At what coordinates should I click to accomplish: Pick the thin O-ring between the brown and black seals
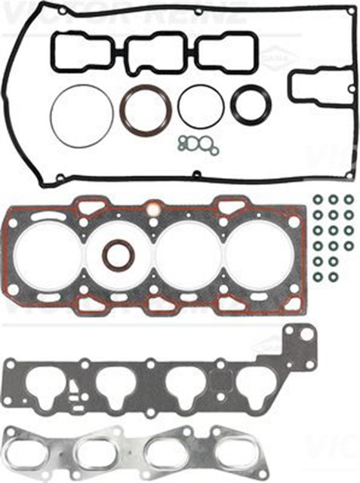click(200, 106)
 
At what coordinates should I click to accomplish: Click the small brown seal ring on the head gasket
click(118, 255)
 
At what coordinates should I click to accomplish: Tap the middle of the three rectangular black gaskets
click(153, 51)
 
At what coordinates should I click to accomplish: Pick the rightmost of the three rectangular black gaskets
click(226, 52)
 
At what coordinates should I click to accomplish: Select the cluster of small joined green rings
click(196, 143)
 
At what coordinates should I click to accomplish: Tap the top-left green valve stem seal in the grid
click(317, 200)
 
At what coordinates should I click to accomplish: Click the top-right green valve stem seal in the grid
click(349, 199)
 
